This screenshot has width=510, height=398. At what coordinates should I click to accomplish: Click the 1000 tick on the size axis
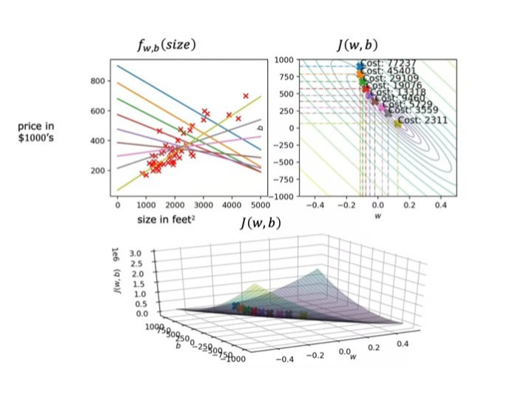[x=146, y=204]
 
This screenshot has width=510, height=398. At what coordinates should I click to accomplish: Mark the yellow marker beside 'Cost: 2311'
[x=397, y=124]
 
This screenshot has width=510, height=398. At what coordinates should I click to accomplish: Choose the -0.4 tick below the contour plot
[x=315, y=203]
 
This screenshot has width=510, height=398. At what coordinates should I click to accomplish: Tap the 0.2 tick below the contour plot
[x=409, y=203]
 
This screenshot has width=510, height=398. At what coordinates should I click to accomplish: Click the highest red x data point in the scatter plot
[x=246, y=95]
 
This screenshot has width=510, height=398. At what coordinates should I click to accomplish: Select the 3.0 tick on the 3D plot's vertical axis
[x=135, y=253]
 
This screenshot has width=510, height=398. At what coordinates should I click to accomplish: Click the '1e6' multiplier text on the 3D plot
[x=117, y=252]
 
